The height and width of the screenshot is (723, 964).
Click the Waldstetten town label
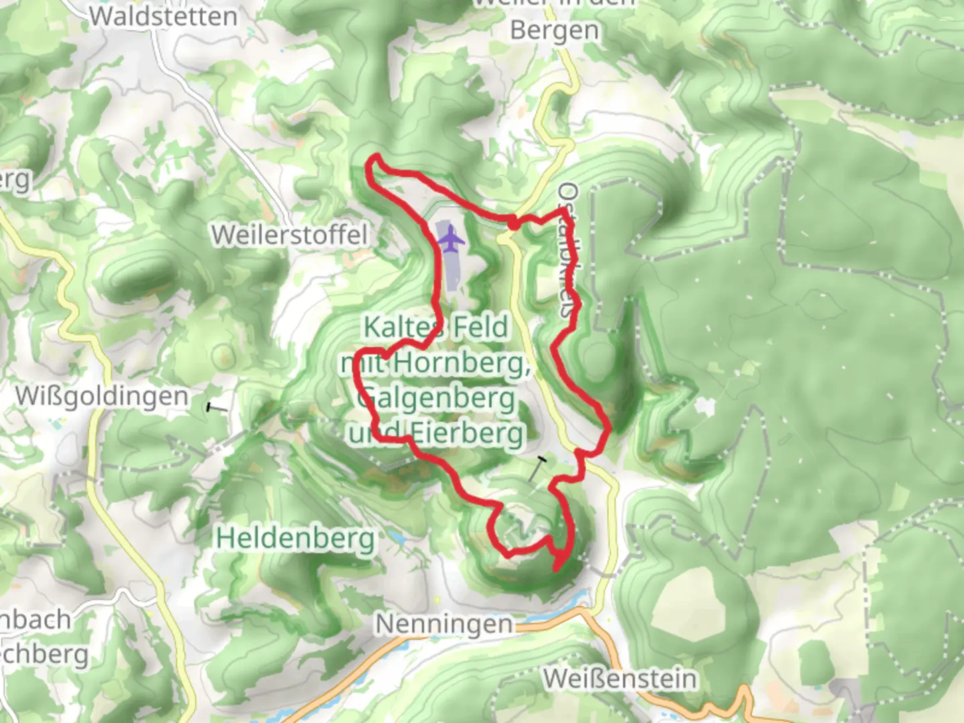(x=163, y=16)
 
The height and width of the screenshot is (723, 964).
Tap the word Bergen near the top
(x=554, y=31)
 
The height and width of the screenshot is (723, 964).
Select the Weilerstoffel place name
(x=289, y=235)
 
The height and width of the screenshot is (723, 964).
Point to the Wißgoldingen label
(x=102, y=396)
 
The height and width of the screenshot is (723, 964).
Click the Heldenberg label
(x=295, y=538)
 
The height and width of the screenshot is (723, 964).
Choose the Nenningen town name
(x=444, y=624)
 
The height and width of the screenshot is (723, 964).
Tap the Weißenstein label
(x=620, y=678)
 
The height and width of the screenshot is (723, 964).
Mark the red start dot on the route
(x=512, y=223)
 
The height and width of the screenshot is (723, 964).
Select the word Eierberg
(x=467, y=433)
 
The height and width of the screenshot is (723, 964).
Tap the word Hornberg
(x=462, y=363)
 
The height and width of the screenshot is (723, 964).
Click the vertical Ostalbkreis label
(x=568, y=251)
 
